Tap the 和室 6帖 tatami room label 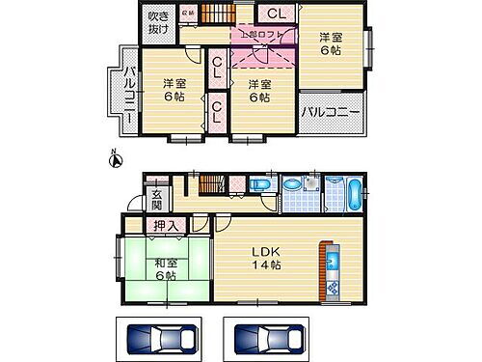pos(162,267)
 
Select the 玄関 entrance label pos(157,199)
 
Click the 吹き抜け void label pos(158,21)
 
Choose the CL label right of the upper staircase pos(276,14)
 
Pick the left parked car pos(158,339)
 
